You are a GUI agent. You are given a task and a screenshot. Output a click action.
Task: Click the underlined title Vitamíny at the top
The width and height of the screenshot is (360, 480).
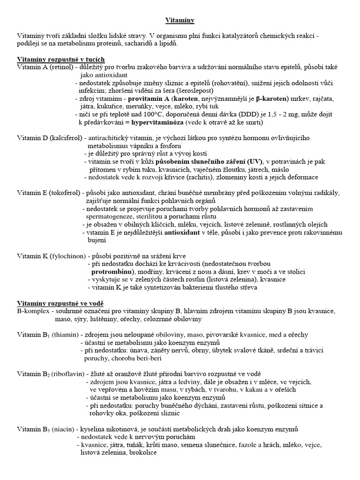pyautogui.click(x=180, y=21)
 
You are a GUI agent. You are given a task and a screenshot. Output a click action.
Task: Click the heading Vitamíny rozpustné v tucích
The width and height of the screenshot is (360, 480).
pyautogui.click(x=61, y=60)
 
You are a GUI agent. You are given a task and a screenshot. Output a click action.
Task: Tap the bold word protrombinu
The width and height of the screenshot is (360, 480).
pyautogui.click(x=111, y=272)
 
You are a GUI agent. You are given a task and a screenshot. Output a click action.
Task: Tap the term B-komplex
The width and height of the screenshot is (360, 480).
pyautogui.click(x=33, y=311)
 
